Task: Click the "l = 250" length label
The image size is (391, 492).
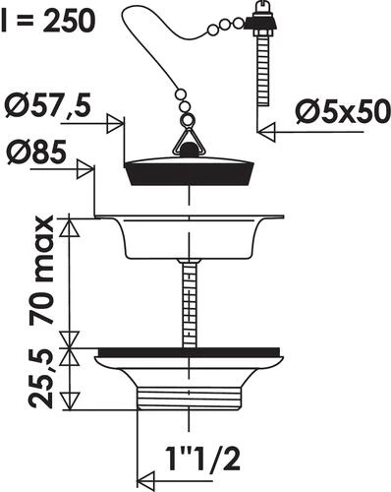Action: (48, 21)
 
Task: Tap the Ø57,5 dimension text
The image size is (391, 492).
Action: (48, 107)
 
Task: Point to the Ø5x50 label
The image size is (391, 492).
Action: (343, 112)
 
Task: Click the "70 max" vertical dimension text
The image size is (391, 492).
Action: (41, 271)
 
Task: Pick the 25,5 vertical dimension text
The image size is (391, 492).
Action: (41, 379)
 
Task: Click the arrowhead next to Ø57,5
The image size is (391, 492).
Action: (116, 124)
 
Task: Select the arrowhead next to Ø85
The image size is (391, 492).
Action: (85, 169)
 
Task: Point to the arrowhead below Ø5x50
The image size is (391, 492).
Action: (266, 132)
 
